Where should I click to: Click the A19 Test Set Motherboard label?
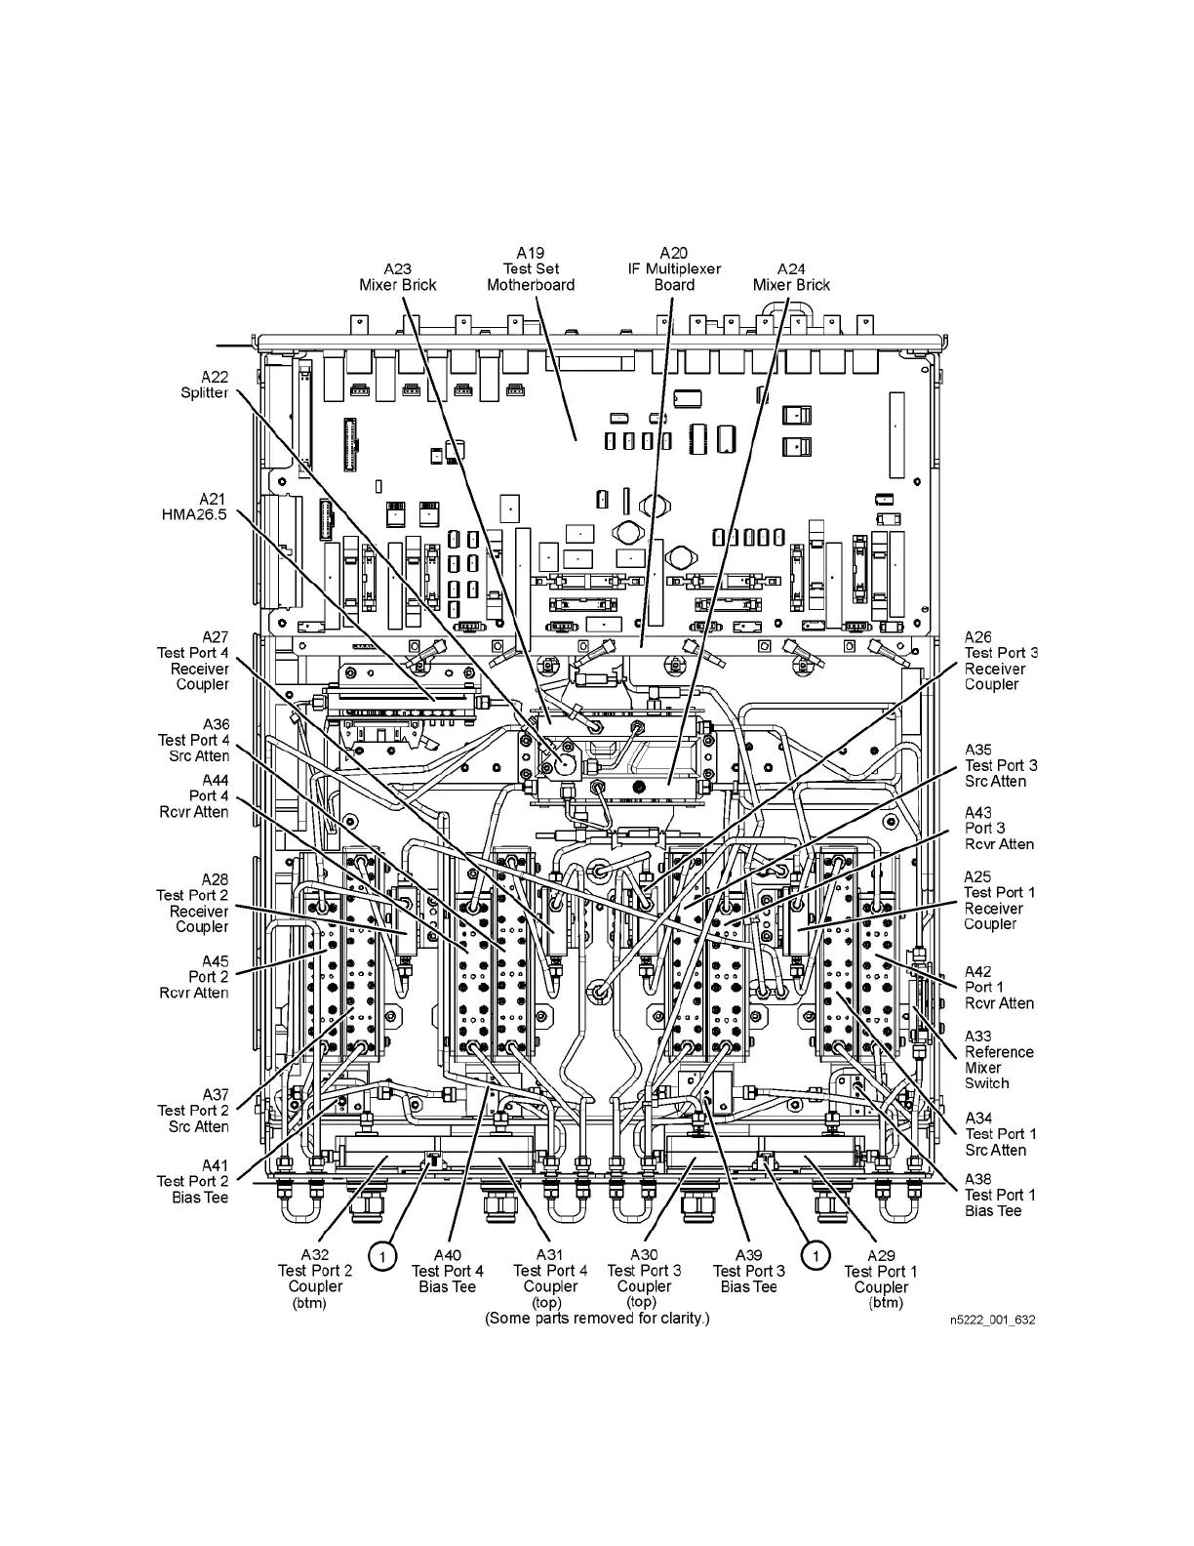tap(531, 269)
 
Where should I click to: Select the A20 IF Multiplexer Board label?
tap(674, 269)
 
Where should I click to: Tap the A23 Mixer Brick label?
tap(397, 277)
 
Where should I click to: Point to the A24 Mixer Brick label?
tap(791, 277)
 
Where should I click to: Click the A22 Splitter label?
tap(204, 385)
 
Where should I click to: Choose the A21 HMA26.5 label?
tap(194, 507)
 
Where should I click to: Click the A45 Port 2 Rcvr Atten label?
tap(194, 977)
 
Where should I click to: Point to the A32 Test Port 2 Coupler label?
tap(315, 1279)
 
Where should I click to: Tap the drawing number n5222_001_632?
tap(992, 1320)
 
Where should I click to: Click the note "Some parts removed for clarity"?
tap(597, 1319)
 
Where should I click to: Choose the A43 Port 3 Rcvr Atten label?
tap(999, 829)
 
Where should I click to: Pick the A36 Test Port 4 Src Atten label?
tap(194, 740)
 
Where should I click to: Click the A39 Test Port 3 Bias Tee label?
tap(748, 1279)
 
